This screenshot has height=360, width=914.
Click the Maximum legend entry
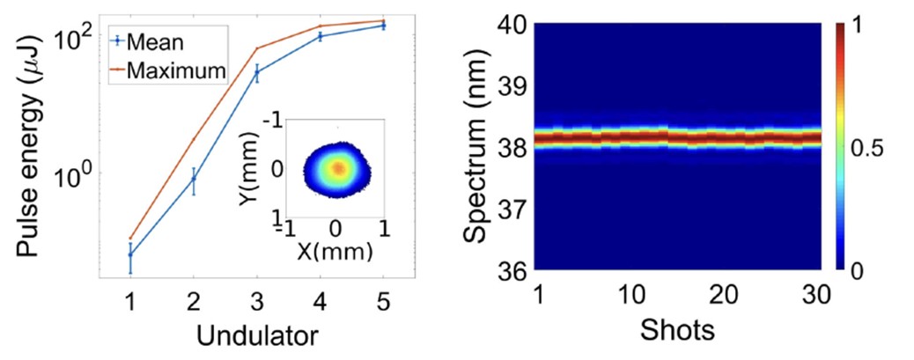coord(177,70)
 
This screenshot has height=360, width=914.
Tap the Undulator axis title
coord(257,334)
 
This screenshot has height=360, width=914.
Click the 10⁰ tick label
coord(76,173)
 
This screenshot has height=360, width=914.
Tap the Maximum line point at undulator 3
coord(256,48)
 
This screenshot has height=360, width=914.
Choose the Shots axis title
coord(677,332)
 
